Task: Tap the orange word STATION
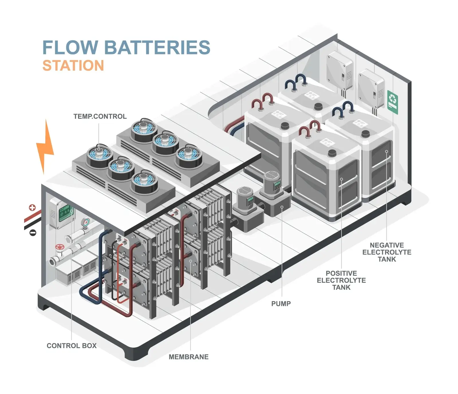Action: click(73, 66)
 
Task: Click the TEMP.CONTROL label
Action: click(100, 117)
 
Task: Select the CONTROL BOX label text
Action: click(72, 346)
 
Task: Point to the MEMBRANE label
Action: click(189, 357)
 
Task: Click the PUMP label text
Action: click(281, 304)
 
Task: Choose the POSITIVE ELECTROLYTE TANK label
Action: click(341, 280)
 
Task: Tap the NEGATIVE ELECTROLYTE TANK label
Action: click(387, 252)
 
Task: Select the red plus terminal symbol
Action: click(32, 208)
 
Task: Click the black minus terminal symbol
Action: click(33, 233)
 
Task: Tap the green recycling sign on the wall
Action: click(392, 102)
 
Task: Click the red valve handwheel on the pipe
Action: click(60, 247)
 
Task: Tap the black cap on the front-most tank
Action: click(332, 153)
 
